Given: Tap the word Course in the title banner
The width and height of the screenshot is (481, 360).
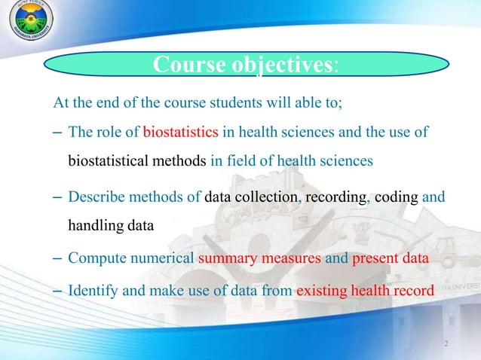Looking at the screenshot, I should pyautogui.click(x=185, y=66).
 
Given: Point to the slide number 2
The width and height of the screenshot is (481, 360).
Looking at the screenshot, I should pyautogui.click(x=446, y=344).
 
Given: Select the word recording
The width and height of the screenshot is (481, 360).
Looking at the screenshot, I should pyautogui.click(x=334, y=197).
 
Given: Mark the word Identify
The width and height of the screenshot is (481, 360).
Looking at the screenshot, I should pyautogui.click(x=91, y=289).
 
